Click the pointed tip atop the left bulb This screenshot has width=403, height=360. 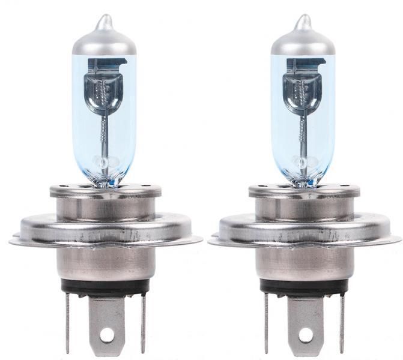tap(105, 21)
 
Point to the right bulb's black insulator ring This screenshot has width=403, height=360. tap(304, 287)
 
